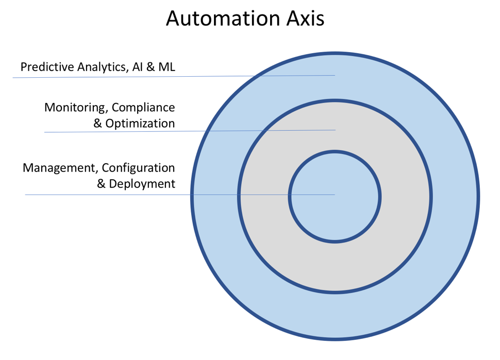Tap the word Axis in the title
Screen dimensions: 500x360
305,18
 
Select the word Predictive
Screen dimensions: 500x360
47,67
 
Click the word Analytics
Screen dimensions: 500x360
104,67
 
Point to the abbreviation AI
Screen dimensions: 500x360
138,67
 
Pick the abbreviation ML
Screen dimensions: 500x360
167,67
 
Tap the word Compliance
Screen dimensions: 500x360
143,108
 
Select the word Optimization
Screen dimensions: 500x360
140,124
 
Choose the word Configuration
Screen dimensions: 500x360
138,168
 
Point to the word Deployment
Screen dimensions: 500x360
142,184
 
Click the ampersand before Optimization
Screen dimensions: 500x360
97,124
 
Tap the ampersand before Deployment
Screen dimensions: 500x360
101,184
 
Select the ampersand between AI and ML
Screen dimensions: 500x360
151,67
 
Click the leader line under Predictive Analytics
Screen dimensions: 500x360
174,76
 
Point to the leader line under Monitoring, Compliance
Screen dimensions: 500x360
190,131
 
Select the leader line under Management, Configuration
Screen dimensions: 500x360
180,195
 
